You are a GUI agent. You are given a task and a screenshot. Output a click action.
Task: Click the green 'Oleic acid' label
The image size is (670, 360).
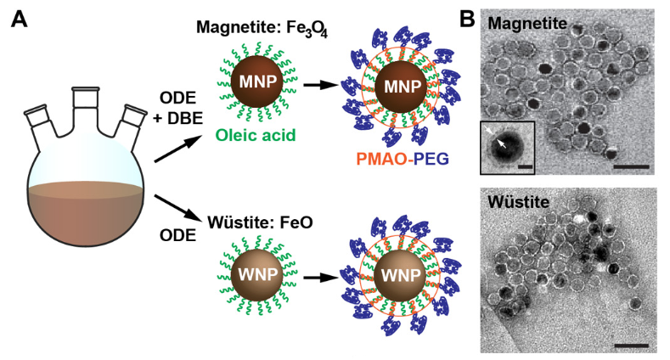point(256,132)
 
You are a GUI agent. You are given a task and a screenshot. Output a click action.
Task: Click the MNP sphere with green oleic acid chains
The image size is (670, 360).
point(255,83)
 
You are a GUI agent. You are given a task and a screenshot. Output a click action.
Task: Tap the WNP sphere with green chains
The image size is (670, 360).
point(255,277)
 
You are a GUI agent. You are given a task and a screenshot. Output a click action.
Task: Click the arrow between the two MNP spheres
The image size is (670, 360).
point(318,84)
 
